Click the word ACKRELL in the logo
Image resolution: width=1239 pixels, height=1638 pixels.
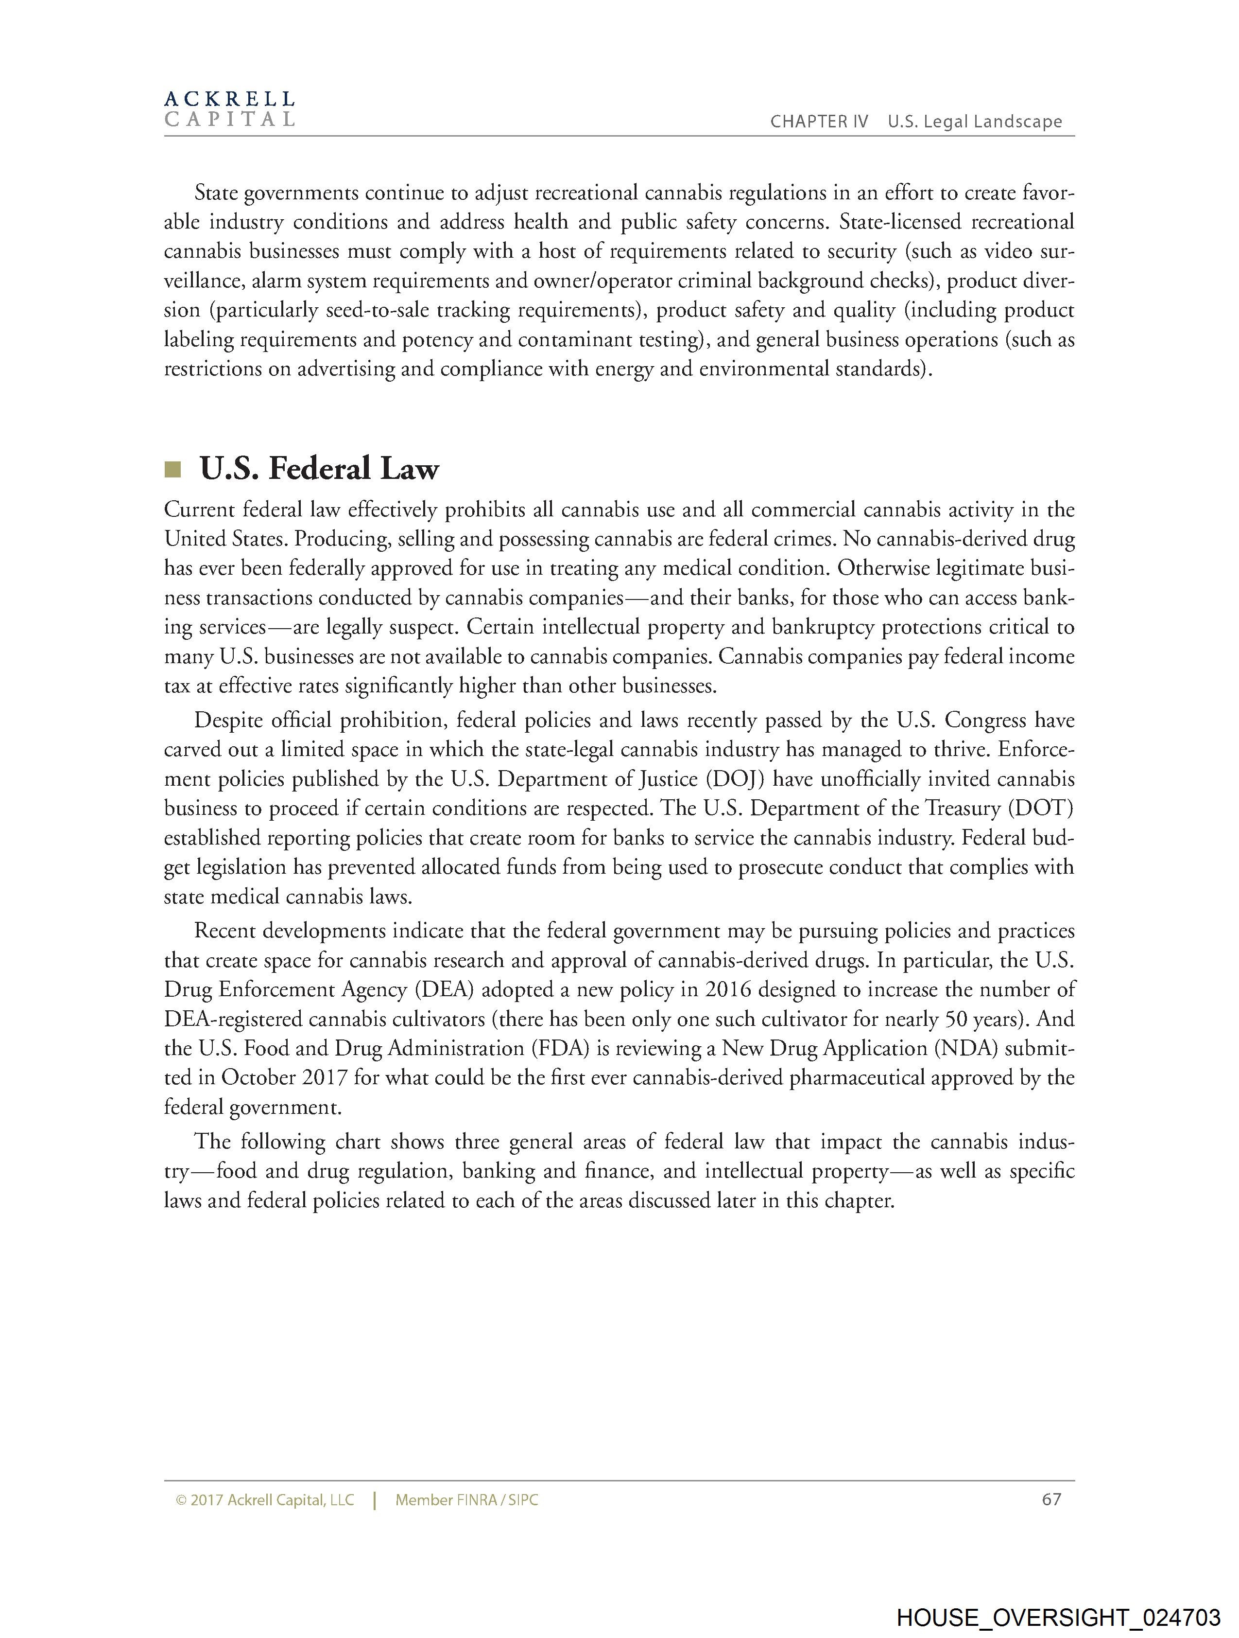pos(229,99)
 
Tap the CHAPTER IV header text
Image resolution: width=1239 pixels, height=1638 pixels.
pos(819,122)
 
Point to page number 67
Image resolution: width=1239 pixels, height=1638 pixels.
pos(1051,1499)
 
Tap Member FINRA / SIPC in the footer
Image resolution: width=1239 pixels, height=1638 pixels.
pos(466,1500)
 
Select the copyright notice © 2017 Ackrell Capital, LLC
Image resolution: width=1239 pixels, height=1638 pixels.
pos(265,1500)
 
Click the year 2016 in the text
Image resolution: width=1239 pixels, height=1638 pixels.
pos(728,990)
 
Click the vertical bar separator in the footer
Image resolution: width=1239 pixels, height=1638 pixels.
pos(375,1500)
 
